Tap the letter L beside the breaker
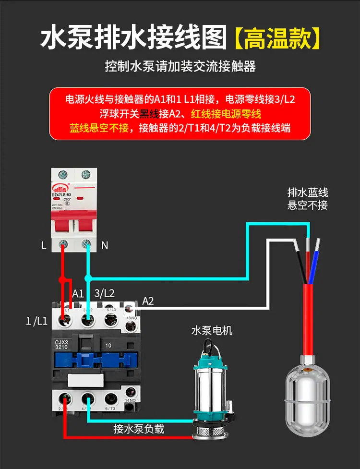[x=44, y=246]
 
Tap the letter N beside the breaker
[x=105, y=246]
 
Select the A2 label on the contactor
[x=148, y=301]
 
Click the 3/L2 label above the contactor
[x=105, y=293]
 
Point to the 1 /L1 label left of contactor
[x=36, y=321]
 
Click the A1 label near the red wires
[x=78, y=293]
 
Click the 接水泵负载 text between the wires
[x=139, y=429]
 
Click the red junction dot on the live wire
[x=61, y=279]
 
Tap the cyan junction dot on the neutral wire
[x=88, y=278]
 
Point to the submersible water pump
[x=212, y=394]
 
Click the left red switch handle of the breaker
[x=63, y=220]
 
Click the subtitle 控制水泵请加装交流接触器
[x=180, y=66]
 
